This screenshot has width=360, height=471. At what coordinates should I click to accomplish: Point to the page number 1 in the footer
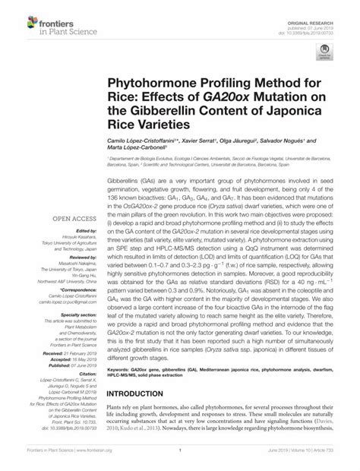[x=180, y=461]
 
